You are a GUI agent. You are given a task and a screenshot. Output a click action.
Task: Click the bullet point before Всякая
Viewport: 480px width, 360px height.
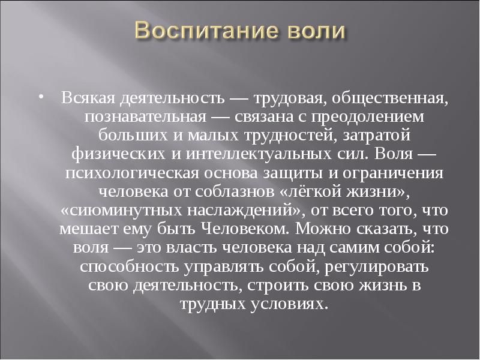[x=41, y=97]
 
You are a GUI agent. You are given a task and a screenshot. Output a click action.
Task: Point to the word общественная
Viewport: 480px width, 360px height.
[x=388, y=98]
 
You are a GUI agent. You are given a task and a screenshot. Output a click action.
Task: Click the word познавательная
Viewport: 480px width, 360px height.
[x=145, y=116]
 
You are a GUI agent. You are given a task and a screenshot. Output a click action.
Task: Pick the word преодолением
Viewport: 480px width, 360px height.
[x=368, y=118]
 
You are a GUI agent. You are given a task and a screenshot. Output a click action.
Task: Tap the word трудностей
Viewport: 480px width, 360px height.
[x=290, y=136]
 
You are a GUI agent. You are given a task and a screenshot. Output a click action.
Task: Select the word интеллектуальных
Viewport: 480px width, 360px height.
[x=259, y=154]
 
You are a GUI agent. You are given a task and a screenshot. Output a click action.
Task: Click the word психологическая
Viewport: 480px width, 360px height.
[x=132, y=173]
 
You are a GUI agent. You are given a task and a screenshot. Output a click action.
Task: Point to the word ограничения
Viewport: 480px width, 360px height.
[x=393, y=173]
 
